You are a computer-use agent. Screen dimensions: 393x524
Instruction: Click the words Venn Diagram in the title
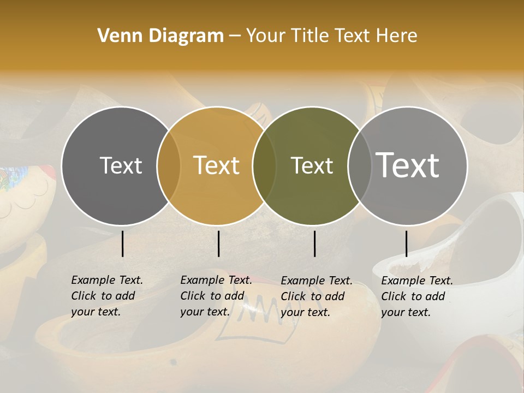(x=160, y=36)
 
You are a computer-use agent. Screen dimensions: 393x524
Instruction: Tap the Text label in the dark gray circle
(x=121, y=165)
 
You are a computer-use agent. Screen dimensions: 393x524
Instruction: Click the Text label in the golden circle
(x=216, y=165)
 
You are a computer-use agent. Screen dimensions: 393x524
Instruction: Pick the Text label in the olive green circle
(x=312, y=165)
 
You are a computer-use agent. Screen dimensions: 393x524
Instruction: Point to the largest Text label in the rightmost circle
(x=407, y=165)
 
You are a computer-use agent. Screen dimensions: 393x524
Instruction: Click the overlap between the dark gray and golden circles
(x=169, y=166)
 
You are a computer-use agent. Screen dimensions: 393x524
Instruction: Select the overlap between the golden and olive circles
(x=264, y=166)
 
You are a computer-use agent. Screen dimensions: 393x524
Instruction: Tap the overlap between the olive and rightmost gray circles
(x=359, y=166)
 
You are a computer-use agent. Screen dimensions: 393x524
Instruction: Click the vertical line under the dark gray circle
(x=123, y=243)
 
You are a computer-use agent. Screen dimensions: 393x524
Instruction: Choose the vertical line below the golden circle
(x=218, y=243)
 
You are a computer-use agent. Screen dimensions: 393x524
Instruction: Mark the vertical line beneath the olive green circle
(x=314, y=243)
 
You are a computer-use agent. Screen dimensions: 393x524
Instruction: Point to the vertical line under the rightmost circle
(x=406, y=243)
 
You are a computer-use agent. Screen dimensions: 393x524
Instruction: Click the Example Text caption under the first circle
(x=106, y=296)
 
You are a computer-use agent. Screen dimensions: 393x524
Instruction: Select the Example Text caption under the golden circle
(x=216, y=296)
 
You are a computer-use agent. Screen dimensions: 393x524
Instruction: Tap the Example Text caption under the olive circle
(x=316, y=296)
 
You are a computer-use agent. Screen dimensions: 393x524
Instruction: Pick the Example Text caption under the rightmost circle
(x=416, y=296)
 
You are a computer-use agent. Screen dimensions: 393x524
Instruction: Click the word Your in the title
(x=266, y=36)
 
